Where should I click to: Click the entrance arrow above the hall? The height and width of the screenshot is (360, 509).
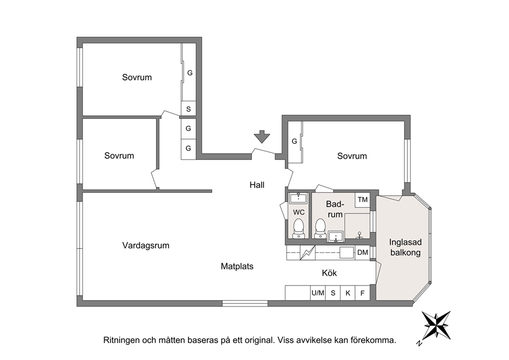(x=262, y=137)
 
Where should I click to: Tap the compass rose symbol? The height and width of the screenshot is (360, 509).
(x=436, y=326)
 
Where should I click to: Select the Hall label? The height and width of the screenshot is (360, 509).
(x=257, y=185)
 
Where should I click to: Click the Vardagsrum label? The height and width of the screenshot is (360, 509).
(x=146, y=245)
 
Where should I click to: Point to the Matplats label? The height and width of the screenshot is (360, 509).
(x=237, y=267)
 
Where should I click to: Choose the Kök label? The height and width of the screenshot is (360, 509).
(x=329, y=273)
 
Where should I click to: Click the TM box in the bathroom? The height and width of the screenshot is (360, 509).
(x=363, y=200)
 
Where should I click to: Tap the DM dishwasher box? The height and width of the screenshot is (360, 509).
(x=363, y=253)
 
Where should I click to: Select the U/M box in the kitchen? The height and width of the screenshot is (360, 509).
(x=318, y=293)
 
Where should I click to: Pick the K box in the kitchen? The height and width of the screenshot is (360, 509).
(x=348, y=293)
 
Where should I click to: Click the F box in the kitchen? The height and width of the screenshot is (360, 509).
(x=363, y=293)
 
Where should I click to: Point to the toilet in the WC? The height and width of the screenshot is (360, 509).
(x=298, y=228)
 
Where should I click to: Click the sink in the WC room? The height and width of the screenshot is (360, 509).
(x=298, y=198)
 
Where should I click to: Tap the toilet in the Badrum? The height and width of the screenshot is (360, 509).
(x=320, y=228)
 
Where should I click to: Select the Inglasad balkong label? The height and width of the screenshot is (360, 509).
(x=405, y=247)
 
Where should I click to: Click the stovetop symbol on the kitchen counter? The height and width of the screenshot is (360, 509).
(x=307, y=253)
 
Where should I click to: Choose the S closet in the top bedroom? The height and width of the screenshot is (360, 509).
(x=188, y=109)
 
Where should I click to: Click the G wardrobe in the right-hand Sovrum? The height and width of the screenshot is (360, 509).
(x=295, y=142)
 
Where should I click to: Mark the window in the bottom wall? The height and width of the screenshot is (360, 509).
(x=245, y=304)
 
